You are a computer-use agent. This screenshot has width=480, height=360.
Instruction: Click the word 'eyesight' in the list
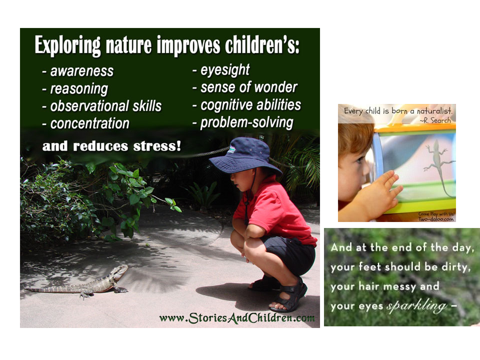point(225,70)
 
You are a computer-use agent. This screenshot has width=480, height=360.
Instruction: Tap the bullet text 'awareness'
point(82,71)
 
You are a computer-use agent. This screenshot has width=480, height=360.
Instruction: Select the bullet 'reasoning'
point(79,89)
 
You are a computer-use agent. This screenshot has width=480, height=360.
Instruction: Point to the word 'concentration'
point(90,123)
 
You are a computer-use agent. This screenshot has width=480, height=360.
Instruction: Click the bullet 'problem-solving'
point(247,123)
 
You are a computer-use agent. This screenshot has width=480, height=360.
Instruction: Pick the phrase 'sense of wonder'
point(249,87)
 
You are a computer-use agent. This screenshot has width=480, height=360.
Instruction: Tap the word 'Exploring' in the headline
point(68,45)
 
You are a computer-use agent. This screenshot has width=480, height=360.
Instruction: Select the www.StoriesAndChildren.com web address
point(237,318)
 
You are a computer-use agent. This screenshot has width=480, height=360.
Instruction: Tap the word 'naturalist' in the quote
point(434,111)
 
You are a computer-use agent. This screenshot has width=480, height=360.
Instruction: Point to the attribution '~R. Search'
point(435,120)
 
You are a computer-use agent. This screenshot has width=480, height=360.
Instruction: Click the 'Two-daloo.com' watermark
point(436,219)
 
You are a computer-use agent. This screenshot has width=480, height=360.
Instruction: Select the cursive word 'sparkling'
point(417,306)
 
